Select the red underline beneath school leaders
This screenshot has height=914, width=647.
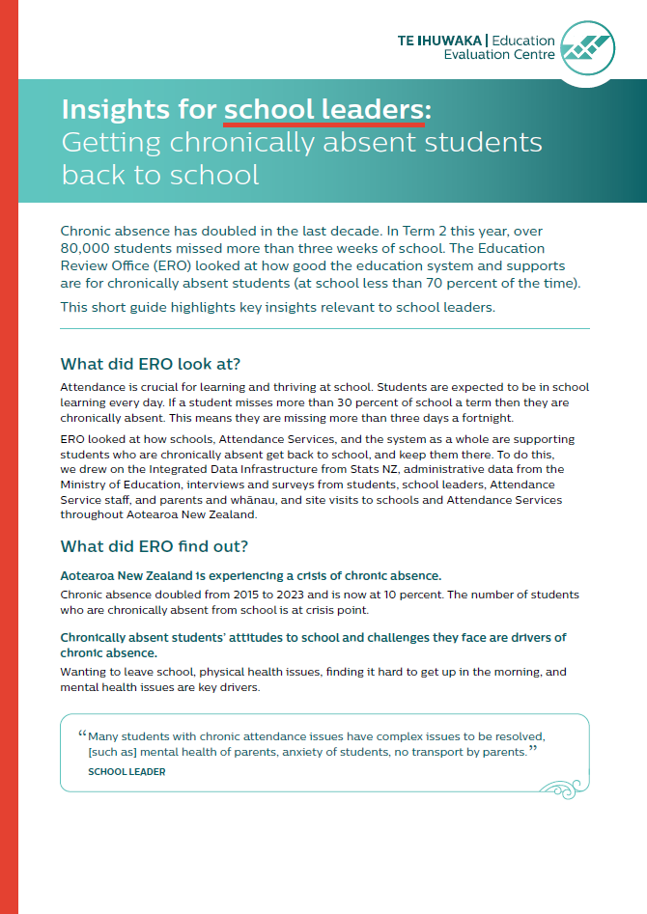coord(323,125)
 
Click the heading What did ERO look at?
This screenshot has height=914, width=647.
coord(150,364)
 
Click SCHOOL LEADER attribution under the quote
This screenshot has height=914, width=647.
coord(127,772)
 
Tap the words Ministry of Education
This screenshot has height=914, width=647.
coord(114,485)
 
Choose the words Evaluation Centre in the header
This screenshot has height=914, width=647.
coord(498,55)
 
